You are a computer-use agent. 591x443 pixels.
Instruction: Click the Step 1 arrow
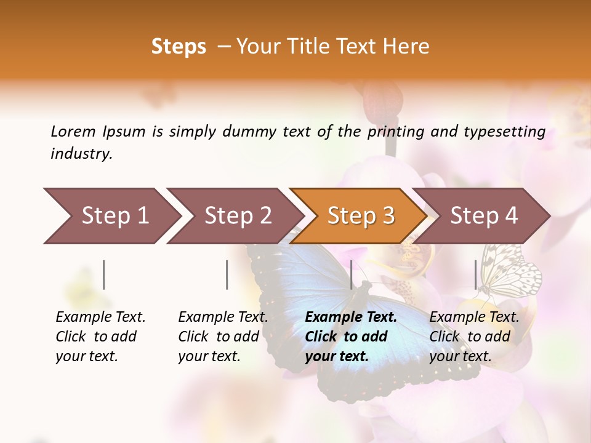pos(111,216)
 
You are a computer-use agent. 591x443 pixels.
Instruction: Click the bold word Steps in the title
pos(179,47)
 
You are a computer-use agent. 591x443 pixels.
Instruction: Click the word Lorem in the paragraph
pos(73,131)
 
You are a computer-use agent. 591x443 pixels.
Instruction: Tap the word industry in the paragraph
pos(80,154)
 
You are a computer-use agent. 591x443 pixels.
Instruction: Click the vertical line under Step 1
pos(104,274)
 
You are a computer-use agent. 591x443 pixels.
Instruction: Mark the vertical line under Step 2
pos(227,274)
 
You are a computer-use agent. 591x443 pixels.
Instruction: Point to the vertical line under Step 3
pos(351,274)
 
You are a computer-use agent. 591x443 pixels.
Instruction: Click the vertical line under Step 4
pos(475,274)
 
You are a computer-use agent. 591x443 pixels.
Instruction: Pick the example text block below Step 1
pos(100,337)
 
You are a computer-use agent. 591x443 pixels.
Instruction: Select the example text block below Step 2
pos(223,337)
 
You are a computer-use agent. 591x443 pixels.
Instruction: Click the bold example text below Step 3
pos(351,337)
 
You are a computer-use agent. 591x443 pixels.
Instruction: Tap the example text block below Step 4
pos(474,337)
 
